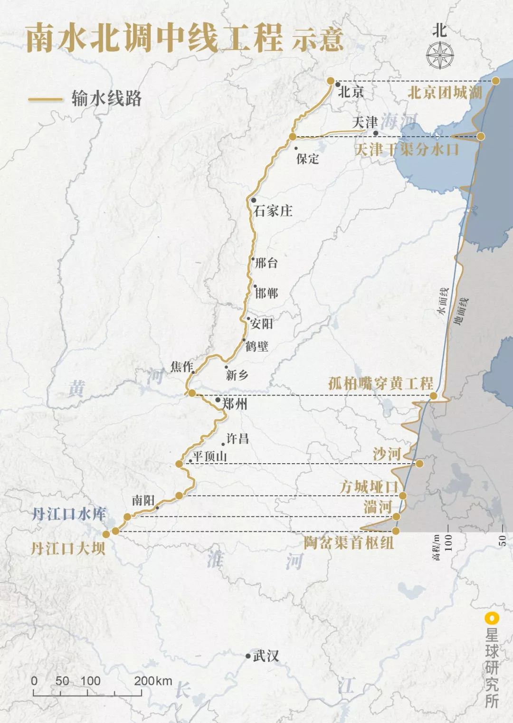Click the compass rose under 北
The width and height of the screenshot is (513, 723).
[x=439, y=55]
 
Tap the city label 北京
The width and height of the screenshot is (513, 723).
[x=351, y=92]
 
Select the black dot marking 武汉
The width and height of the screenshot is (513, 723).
[x=248, y=656]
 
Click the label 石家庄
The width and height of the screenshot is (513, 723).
[x=273, y=210]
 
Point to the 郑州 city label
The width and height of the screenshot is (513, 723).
[x=235, y=404]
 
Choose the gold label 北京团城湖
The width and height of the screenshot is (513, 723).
[x=445, y=92]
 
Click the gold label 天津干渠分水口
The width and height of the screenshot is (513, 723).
[x=407, y=150]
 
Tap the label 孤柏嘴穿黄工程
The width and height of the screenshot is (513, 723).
[x=381, y=383]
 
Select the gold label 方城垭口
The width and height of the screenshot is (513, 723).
[x=369, y=487]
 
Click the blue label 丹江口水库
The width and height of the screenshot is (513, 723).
[x=69, y=514]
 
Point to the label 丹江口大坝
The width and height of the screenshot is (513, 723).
[x=67, y=549]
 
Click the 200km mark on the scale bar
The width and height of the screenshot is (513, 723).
[x=153, y=681]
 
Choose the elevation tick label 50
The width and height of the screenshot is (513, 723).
[x=503, y=540]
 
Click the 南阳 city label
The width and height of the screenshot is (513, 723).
[x=143, y=500]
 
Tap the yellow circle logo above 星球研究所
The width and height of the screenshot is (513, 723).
[x=492, y=618]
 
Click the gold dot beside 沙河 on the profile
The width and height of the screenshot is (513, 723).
[x=419, y=463]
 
